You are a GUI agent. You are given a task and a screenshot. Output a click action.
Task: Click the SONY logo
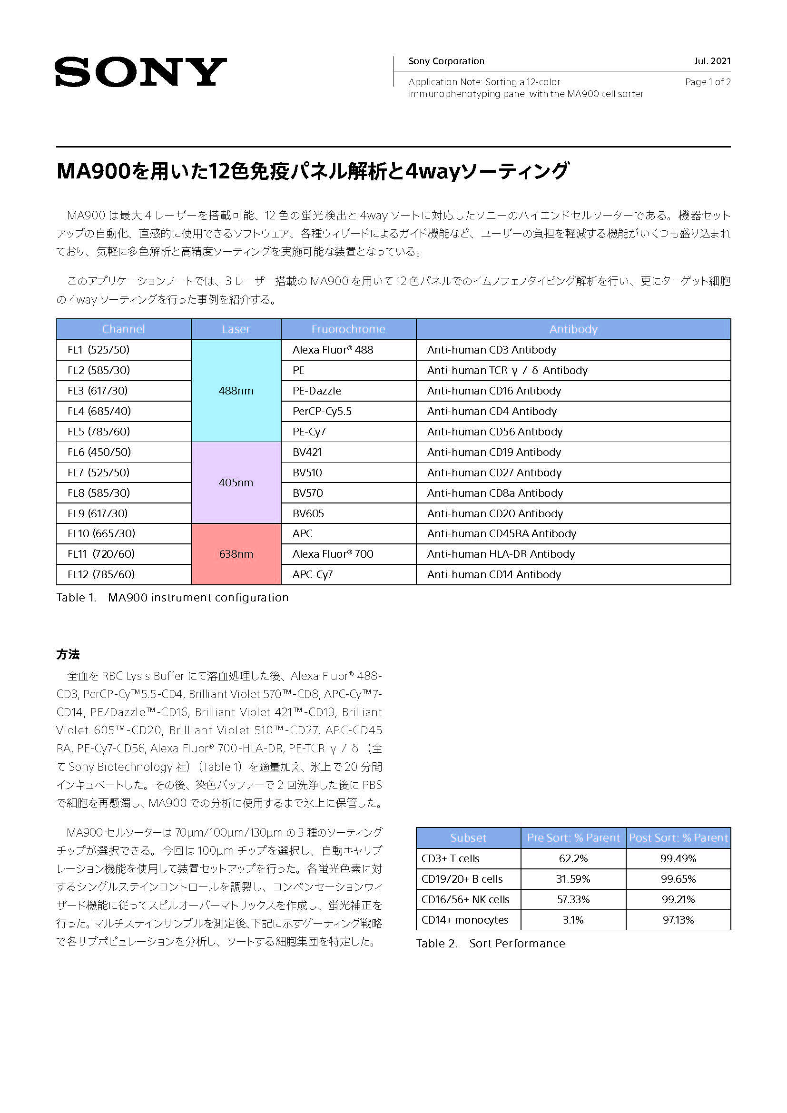coord(140,72)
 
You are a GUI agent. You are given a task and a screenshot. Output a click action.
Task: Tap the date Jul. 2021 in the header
coord(711,61)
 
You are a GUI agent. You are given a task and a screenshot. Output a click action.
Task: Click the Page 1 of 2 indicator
coord(707,82)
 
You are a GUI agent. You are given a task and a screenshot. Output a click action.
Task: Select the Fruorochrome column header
coord(348,329)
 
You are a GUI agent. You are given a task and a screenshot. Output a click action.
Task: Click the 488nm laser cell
coord(236,391)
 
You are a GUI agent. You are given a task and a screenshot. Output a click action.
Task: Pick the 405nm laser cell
coord(236,483)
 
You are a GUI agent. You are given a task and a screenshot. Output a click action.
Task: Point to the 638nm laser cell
coord(236,554)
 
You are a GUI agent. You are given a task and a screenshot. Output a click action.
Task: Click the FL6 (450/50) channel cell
coord(99,452)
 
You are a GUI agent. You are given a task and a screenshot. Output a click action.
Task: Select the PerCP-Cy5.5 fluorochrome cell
coord(322,412)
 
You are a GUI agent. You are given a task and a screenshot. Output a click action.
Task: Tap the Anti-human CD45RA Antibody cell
coord(502,534)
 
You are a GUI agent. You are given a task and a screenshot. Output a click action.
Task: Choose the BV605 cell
coord(308,513)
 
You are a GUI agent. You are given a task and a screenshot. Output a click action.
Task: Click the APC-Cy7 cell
coord(313,574)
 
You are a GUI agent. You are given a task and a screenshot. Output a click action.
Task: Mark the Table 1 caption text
coord(172,598)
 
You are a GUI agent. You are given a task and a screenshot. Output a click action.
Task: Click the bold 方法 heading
coord(68,654)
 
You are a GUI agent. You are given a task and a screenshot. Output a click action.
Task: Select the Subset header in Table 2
coord(468,838)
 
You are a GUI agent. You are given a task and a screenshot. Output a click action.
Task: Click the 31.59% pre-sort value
coord(573,879)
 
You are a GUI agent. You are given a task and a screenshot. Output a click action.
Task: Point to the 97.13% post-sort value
coord(678,920)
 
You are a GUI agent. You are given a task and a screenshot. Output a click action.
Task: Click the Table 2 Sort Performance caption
coord(490,943)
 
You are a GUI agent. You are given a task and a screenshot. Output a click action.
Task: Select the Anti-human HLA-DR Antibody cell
coord(501,554)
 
